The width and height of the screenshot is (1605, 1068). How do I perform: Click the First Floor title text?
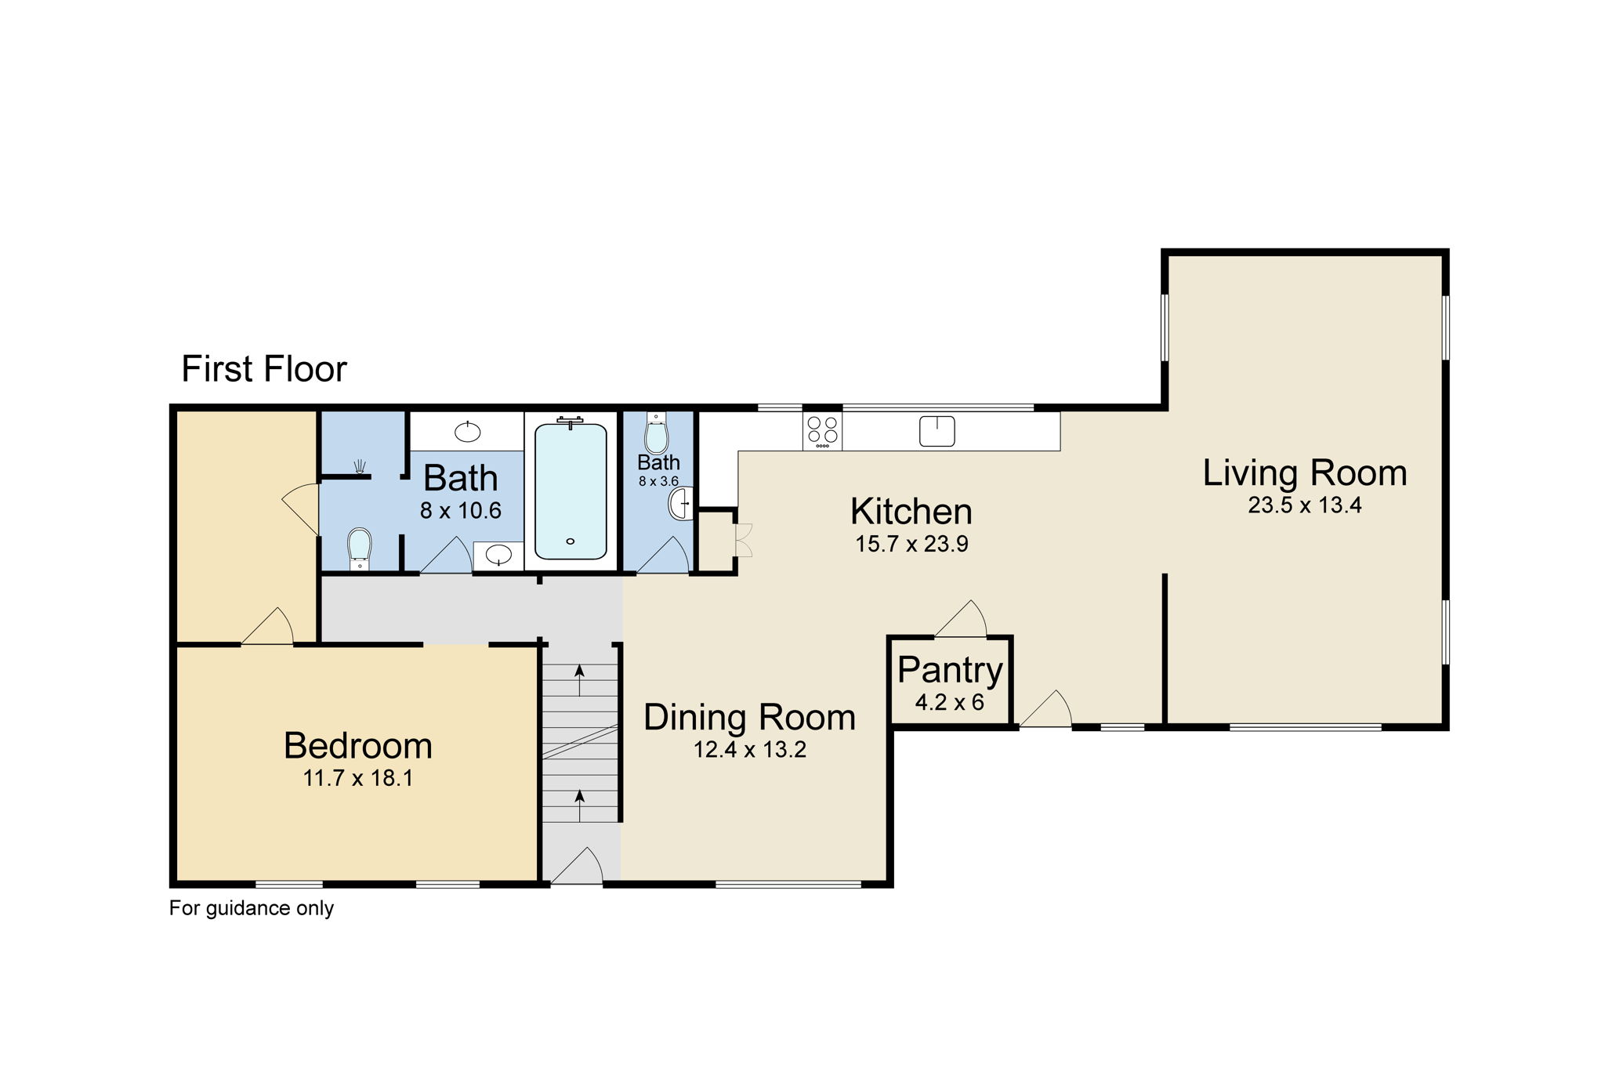click(x=263, y=369)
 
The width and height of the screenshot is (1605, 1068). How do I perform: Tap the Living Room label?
click(x=1304, y=473)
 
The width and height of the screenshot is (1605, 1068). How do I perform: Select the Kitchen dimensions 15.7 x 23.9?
click(x=911, y=544)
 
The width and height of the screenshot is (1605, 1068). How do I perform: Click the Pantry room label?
click(x=950, y=670)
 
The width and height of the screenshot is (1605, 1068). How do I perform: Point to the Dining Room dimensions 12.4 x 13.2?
click(x=749, y=750)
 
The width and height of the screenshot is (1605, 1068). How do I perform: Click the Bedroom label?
click(x=358, y=745)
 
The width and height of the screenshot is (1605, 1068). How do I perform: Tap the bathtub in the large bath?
click(x=571, y=491)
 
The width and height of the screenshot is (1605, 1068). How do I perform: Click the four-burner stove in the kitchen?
click(x=822, y=431)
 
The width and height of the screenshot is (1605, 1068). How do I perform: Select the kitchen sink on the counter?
click(x=937, y=431)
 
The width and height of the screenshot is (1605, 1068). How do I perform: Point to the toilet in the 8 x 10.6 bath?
click(x=359, y=545)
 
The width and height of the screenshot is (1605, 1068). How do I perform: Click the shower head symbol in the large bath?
click(x=360, y=468)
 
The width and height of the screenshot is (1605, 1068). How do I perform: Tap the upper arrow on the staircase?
click(x=580, y=680)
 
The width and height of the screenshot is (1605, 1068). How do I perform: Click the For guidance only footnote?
click(x=252, y=908)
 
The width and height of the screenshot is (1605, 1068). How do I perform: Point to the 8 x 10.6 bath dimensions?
click(x=460, y=511)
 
